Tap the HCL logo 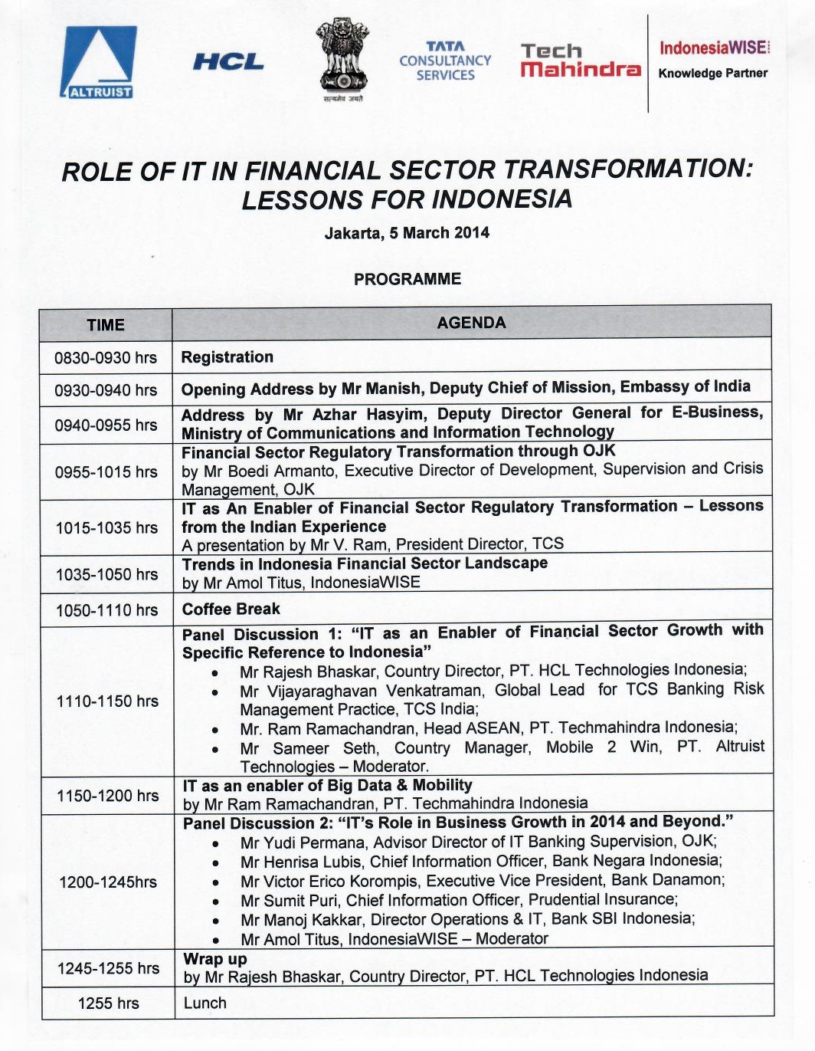tap(228, 62)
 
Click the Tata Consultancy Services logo tap(445, 61)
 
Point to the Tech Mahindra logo tap(580, 61)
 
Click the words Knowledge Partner tap(712, 74)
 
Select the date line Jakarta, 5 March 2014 tap(407, 233)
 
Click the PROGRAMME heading tap(407, 279)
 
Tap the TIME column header tap(106, 325)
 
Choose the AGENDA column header tap(471, 323)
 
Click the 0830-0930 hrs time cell tap(106, 358)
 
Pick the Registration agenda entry tap(227, 357)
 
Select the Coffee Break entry tap(231, 609)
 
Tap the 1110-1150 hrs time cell tap(107, 701)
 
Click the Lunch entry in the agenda tap(205, 1003)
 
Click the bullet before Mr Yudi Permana tap(217, 844)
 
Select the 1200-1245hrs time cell tap(107, 882)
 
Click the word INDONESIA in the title tap(502, 199)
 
